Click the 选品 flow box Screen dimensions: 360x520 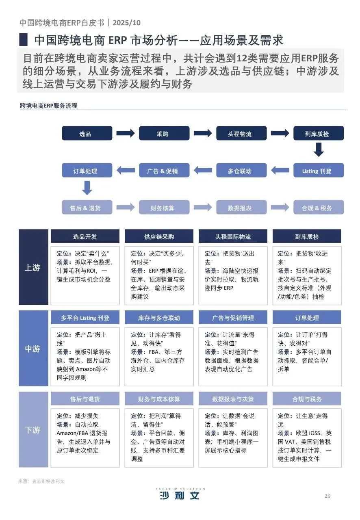87,134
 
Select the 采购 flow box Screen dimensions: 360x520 164,134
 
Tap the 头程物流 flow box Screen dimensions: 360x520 241,134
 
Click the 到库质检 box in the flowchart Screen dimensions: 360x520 319,134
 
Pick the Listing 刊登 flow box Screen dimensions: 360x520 319,171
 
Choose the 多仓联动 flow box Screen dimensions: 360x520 241,171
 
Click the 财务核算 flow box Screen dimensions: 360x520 164,208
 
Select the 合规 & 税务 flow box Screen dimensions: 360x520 319,208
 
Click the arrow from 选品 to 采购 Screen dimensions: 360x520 126,133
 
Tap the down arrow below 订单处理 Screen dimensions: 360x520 87,188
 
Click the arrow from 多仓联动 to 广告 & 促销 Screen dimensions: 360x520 203,170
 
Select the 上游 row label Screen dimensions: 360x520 33,267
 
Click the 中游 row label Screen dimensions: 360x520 33,349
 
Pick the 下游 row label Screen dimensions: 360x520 33,430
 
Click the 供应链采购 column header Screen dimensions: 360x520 159,236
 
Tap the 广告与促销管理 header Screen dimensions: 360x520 233,318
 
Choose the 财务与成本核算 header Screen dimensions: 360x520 159,399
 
